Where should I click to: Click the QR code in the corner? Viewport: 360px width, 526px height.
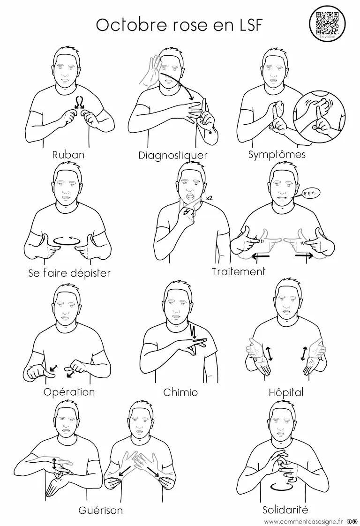tap(327, 23)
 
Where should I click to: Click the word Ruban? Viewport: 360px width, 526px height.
tap(68, 155)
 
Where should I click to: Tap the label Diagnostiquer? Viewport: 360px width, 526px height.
tap(173, 155)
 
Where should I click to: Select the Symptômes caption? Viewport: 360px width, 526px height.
tap(277, 155)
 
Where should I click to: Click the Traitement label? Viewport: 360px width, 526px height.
tap(239, 271)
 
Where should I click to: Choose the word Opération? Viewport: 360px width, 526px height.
tap(69, 392)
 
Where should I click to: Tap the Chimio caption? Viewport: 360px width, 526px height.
tap(180, 392)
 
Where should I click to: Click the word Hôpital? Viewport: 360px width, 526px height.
tap(286, 392)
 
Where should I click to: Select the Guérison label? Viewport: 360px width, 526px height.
tap(101, 510)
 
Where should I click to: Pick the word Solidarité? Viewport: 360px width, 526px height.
tap(285, 510)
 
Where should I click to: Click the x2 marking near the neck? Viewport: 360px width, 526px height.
tap(209, 198)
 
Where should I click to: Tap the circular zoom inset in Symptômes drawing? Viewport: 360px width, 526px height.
tap(319, 116)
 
